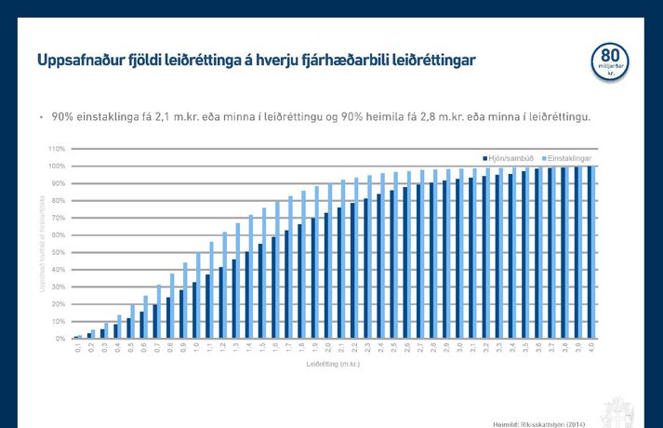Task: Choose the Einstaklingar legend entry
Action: coord(570,159)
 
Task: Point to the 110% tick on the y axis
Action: coord(55,149)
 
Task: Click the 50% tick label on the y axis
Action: coord(57,252)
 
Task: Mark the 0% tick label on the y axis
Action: coord(59,339)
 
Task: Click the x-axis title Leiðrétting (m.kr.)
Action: coord(332,365)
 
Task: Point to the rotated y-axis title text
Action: coord(41,247)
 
